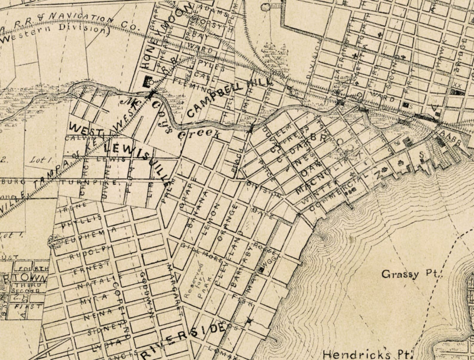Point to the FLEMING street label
(x=191, y=85)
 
